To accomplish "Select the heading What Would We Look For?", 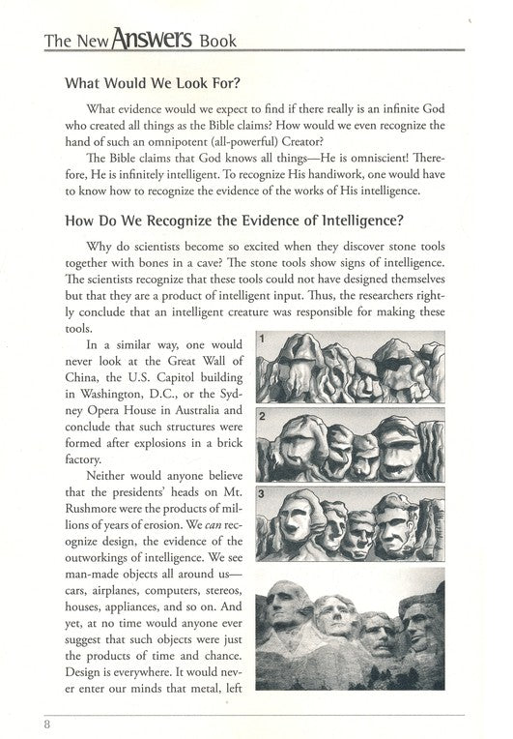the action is click(x=150, y=83).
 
